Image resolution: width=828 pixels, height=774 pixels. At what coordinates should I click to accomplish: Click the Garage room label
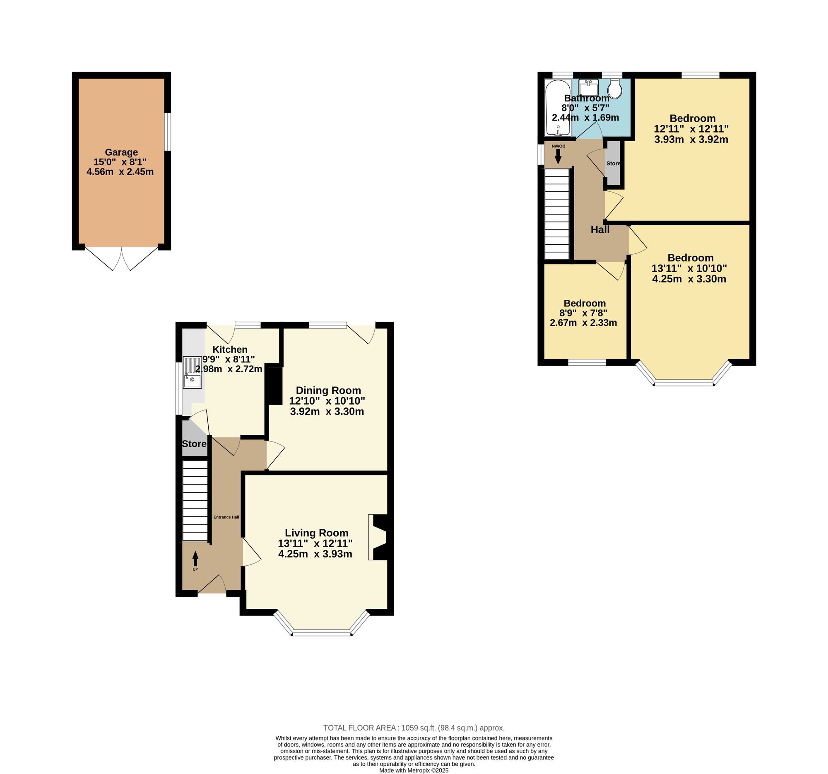pyautogui.click(x=121, y=152)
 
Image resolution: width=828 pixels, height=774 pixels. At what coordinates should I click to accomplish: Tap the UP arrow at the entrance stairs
pyautogui.click(x=195, y=559)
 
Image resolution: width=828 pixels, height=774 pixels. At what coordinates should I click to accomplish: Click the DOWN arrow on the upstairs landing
pyautogui.click(x=558, y=156)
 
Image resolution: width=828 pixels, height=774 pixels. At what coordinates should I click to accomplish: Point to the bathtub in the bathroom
pyautogui.click(x=558, y=108)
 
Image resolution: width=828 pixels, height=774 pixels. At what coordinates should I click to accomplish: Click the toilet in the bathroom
pyautogui.click(x=615, y=89)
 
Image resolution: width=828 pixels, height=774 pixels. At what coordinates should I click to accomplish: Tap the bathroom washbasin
pyautogui.click(x=589, y=87)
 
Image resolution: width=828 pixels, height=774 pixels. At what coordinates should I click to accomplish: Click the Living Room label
pyautogui.click(x=317, y=533)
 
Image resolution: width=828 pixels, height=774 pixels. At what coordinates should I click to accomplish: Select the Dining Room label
pyautogui.click(x=328, y=391)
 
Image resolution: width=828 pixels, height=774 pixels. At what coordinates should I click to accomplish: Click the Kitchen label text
pyautogui.click(x=230, y=350)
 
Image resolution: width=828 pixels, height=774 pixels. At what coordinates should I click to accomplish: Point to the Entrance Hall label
pyautogui.click(x=226, y=517)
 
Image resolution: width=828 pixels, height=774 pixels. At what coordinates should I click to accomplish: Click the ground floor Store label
pyautogui.click(x=194, y=444)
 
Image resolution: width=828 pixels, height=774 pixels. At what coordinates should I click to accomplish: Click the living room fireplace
pyautogui.click(x=378, y=538)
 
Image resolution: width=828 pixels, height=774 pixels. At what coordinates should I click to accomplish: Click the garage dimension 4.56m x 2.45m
pyautogui.click(x=120, y=171)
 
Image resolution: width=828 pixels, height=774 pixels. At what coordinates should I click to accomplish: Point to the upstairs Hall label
pyautogui.click(x=600, y=229)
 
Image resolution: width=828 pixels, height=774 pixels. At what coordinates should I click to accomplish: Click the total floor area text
pyautogui.click(x=414, y=728)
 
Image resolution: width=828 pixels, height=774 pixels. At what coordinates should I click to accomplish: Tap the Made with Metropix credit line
pyautogui.click(x=414, y=770)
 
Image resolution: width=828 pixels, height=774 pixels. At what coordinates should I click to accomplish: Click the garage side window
pyautogui.click(x=167, y=132)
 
